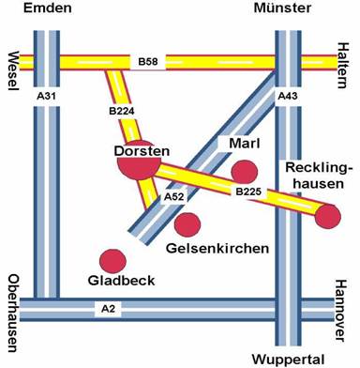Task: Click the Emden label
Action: (48, 8)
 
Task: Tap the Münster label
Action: (282, 8)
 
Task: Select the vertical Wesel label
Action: (13, 71)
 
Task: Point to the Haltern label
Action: (342, 66)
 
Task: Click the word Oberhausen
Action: (13, 314)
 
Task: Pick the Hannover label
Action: (341, 311)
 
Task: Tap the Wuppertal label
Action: (289, 360)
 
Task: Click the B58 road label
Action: (148, 62)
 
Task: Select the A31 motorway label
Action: (46, 96)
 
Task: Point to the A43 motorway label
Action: (288, 97)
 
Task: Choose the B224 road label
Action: (122, 111)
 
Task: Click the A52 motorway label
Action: (173, 197)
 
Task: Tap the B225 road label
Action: (248, 192)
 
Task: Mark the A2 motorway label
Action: (108, 309)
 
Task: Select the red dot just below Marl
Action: (244, 172)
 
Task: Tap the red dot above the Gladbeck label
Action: (112, 261)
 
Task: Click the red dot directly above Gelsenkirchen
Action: (187, 224)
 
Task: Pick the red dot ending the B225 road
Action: (327, 217)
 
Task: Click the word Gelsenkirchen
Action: (217, 249)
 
